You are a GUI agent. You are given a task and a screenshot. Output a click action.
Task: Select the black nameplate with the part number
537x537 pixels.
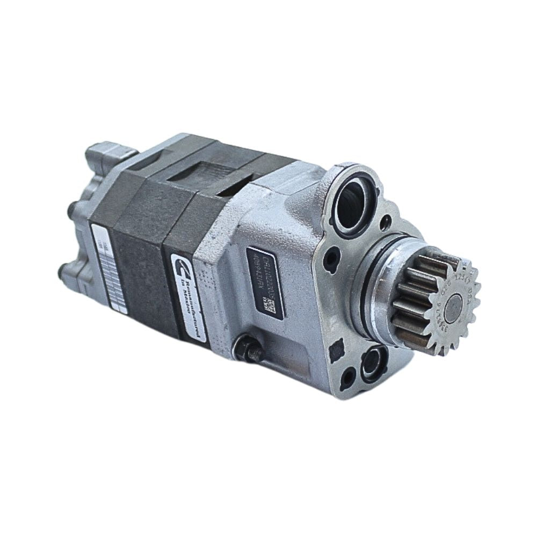pyautogui.click(x=265, y=282)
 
